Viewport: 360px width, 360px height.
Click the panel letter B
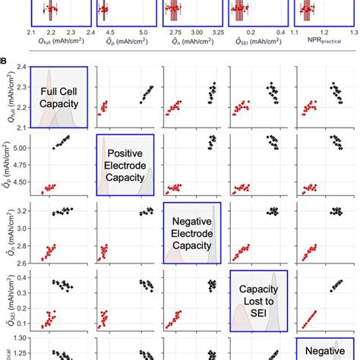point(6,58)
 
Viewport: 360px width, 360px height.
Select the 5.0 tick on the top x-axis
point(144,33)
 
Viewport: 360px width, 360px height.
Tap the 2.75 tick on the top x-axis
point(175,33)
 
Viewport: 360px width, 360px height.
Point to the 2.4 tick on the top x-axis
point(90,33)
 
